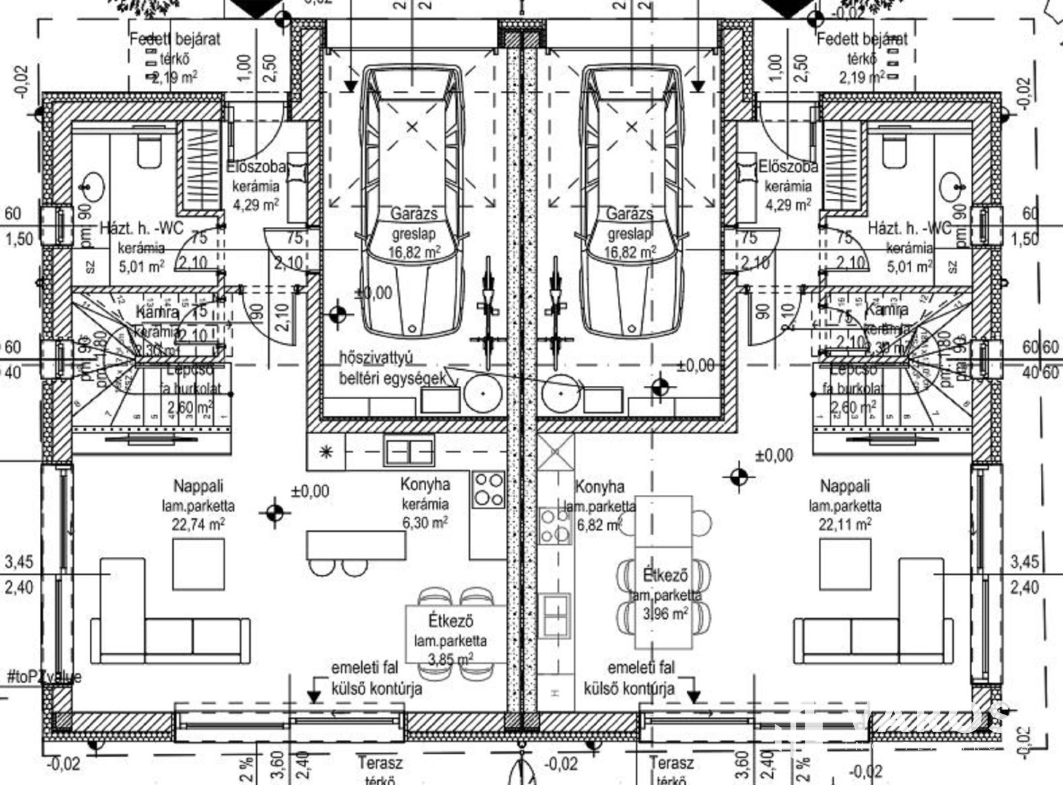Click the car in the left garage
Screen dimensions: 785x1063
tap(412, 202)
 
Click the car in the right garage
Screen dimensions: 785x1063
tap(632, 202)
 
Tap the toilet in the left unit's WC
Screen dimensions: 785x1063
tap(149, 151)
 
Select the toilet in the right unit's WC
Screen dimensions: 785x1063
tap(894, 151)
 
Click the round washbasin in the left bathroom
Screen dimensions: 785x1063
tap(93, 186)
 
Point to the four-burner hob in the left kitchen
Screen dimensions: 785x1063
tap(488, 489)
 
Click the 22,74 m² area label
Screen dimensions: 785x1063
tap(198, 525)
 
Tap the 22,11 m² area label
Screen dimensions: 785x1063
tap(845, 525)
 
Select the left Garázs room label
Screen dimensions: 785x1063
tap(415, 213)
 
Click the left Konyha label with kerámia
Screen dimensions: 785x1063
tap(425, 484)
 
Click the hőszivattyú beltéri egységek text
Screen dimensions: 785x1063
tap(393, 368)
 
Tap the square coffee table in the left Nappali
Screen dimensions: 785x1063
tap(198, 564)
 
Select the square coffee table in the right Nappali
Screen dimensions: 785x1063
tap(845, 564)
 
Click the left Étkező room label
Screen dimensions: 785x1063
tap(451, 621)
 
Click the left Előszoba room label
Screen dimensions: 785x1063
tap(256, 166)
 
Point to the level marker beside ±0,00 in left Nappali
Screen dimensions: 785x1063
tap(275, 513)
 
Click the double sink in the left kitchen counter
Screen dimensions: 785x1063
tap(409, 452)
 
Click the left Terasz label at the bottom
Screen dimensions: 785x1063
tap(381, 764)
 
